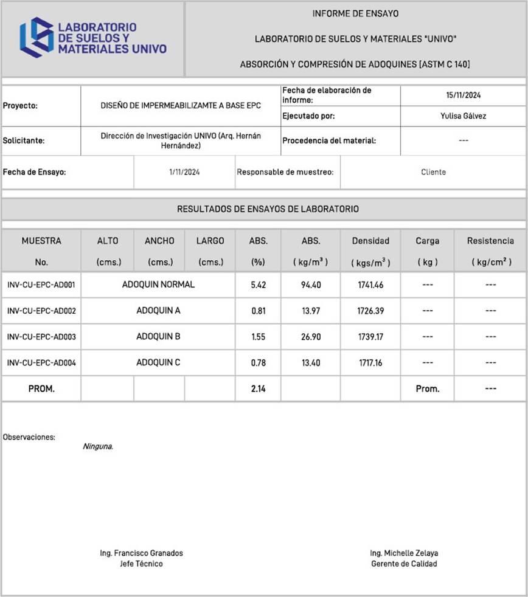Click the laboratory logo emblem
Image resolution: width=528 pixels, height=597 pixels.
[36, 38]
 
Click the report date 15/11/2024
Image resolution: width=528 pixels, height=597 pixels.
[463, 95]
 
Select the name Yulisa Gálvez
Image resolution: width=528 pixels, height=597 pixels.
[463, 116]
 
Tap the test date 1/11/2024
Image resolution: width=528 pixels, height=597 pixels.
[184, 172]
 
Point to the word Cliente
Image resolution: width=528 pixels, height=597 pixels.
[433, 172]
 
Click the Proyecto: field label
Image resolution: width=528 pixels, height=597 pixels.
[20, 106]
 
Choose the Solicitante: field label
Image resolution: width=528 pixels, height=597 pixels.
[24, 140]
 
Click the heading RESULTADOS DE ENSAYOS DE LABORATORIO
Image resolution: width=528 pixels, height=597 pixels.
[268, 209]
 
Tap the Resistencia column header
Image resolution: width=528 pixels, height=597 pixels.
[490, 241]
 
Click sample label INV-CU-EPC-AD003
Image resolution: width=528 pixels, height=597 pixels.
[41, 337]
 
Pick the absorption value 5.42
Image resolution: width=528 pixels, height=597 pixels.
[258, 285]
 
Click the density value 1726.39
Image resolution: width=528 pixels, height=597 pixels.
[370, 311]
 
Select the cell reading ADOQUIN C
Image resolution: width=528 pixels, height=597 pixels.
[158, 362]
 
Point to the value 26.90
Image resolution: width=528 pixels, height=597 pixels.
[311, 337]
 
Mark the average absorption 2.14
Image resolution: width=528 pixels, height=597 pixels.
[258, 389]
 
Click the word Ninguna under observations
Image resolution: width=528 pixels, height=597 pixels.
[98, 446]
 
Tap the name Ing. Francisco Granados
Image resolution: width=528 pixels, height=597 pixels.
[141, 553]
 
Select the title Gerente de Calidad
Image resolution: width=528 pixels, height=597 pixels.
[404, 564]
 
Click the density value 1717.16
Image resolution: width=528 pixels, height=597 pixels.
[370, 363]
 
